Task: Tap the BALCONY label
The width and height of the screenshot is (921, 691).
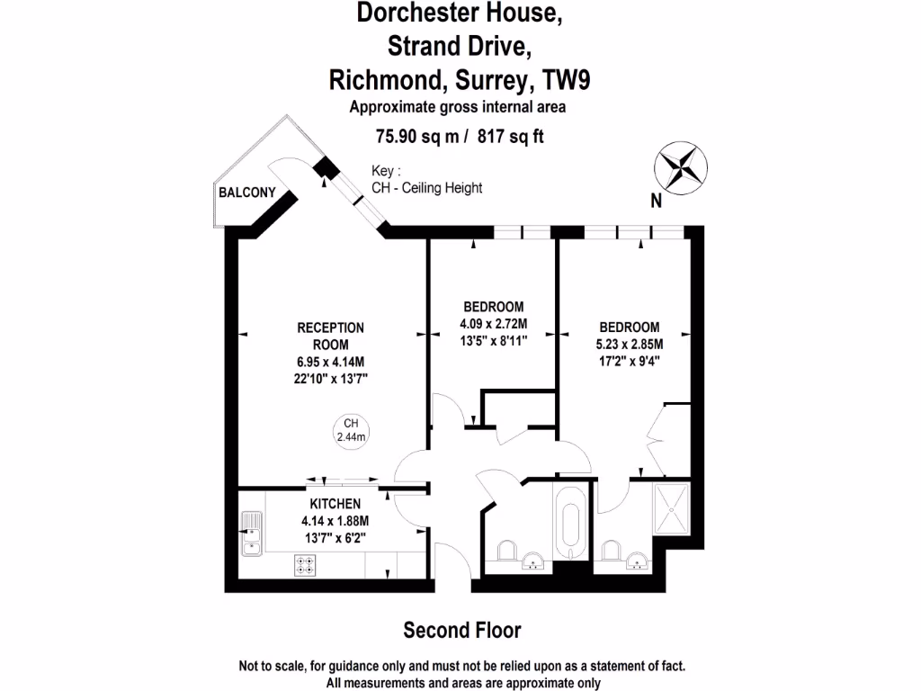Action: coord(246,193)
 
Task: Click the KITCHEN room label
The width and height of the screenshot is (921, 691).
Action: coord(335,504)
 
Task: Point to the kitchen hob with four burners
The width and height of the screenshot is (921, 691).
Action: coord(306,565)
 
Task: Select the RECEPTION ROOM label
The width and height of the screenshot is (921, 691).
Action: coord(330,336)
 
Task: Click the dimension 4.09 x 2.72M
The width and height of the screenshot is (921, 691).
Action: coord(493,324)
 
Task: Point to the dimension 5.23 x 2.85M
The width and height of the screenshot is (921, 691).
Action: coord(630,345)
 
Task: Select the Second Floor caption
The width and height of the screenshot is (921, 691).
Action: coord(461,630)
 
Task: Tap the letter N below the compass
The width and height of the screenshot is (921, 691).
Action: coord(657,202)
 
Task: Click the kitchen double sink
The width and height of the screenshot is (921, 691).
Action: coord(251,534)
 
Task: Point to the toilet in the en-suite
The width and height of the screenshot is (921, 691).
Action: coord(613,550)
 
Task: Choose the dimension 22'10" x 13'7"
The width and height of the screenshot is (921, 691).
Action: coord(330,379)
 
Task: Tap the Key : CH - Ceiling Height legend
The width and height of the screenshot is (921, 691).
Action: coord(426,180)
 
